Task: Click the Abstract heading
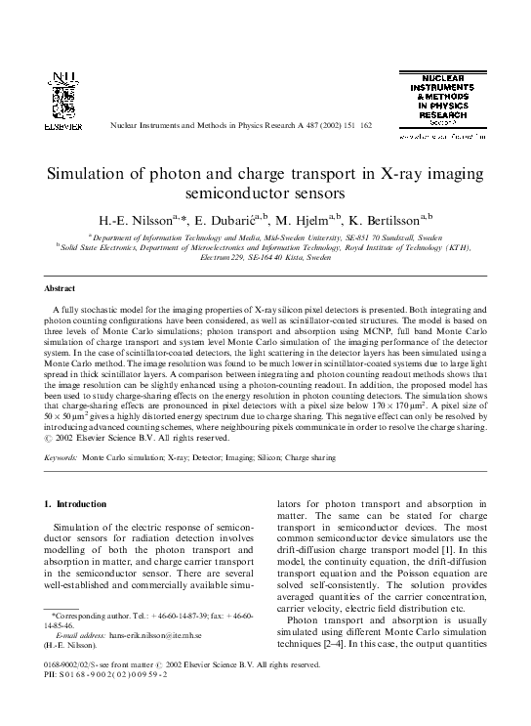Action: click(x=61, y=289)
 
